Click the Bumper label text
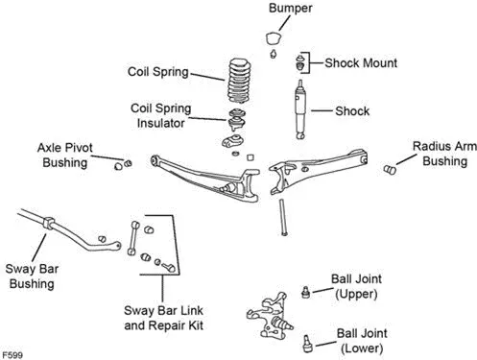tap(291, 8)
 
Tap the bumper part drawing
tap(274, 38)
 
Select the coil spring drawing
tap(239, 81)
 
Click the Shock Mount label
tap(361, 63)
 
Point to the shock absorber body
tap(300, 109)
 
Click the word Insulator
tap(160, 123)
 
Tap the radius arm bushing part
tap(390, 169)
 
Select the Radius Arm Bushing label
tap(444, 154)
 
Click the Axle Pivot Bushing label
tap(65, 156)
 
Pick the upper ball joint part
tap(305, 292)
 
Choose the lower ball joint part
tap(307, 344)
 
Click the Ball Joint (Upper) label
tap(356, 286)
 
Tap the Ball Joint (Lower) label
tap(362, 341)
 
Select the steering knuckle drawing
tap(270, 316)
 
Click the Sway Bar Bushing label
tap(32, 276)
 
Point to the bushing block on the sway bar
tap(48, 223)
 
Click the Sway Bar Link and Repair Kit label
tap(163, 318)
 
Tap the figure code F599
tap(12, 355)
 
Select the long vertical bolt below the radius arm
tap(283, 218)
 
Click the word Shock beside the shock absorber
tap(352, 111)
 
